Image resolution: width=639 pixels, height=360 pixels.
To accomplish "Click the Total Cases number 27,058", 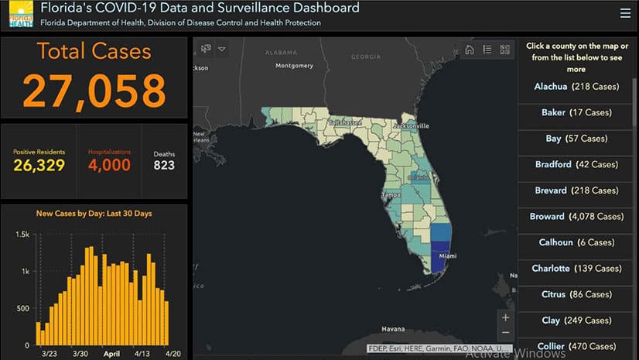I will coord(94,90).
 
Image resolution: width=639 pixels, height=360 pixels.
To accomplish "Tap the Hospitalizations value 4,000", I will coord(109,164).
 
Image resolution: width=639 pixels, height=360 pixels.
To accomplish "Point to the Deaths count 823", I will coord(164,164).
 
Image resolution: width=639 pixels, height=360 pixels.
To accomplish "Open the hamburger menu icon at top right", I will coord(625,13).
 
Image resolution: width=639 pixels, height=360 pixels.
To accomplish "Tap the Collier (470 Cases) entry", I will coord(576,346).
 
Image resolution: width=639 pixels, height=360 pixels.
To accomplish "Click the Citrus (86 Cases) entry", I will coord(576,294).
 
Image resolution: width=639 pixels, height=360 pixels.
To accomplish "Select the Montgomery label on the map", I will coord(294,65).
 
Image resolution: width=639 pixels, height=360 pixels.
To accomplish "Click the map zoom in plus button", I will coord(505,317).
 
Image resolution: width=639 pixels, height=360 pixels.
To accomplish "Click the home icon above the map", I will coord(469,50).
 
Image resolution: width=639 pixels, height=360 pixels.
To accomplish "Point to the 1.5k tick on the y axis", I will coord(22,235).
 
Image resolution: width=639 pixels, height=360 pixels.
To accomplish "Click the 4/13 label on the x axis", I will coord(141,353).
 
